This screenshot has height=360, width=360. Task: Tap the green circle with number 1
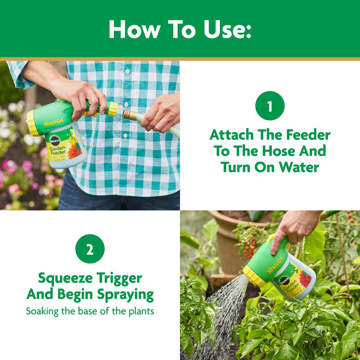(x=270, y=106)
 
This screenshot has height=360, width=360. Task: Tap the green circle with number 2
(x=90, y=249)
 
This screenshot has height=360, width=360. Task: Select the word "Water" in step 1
(x=297, y=167)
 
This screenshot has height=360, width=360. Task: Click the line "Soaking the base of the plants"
(x=90, y=311)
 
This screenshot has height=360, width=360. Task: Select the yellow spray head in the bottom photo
(x=254, y=275)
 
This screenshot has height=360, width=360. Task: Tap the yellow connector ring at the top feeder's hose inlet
(x=112, y=109)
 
